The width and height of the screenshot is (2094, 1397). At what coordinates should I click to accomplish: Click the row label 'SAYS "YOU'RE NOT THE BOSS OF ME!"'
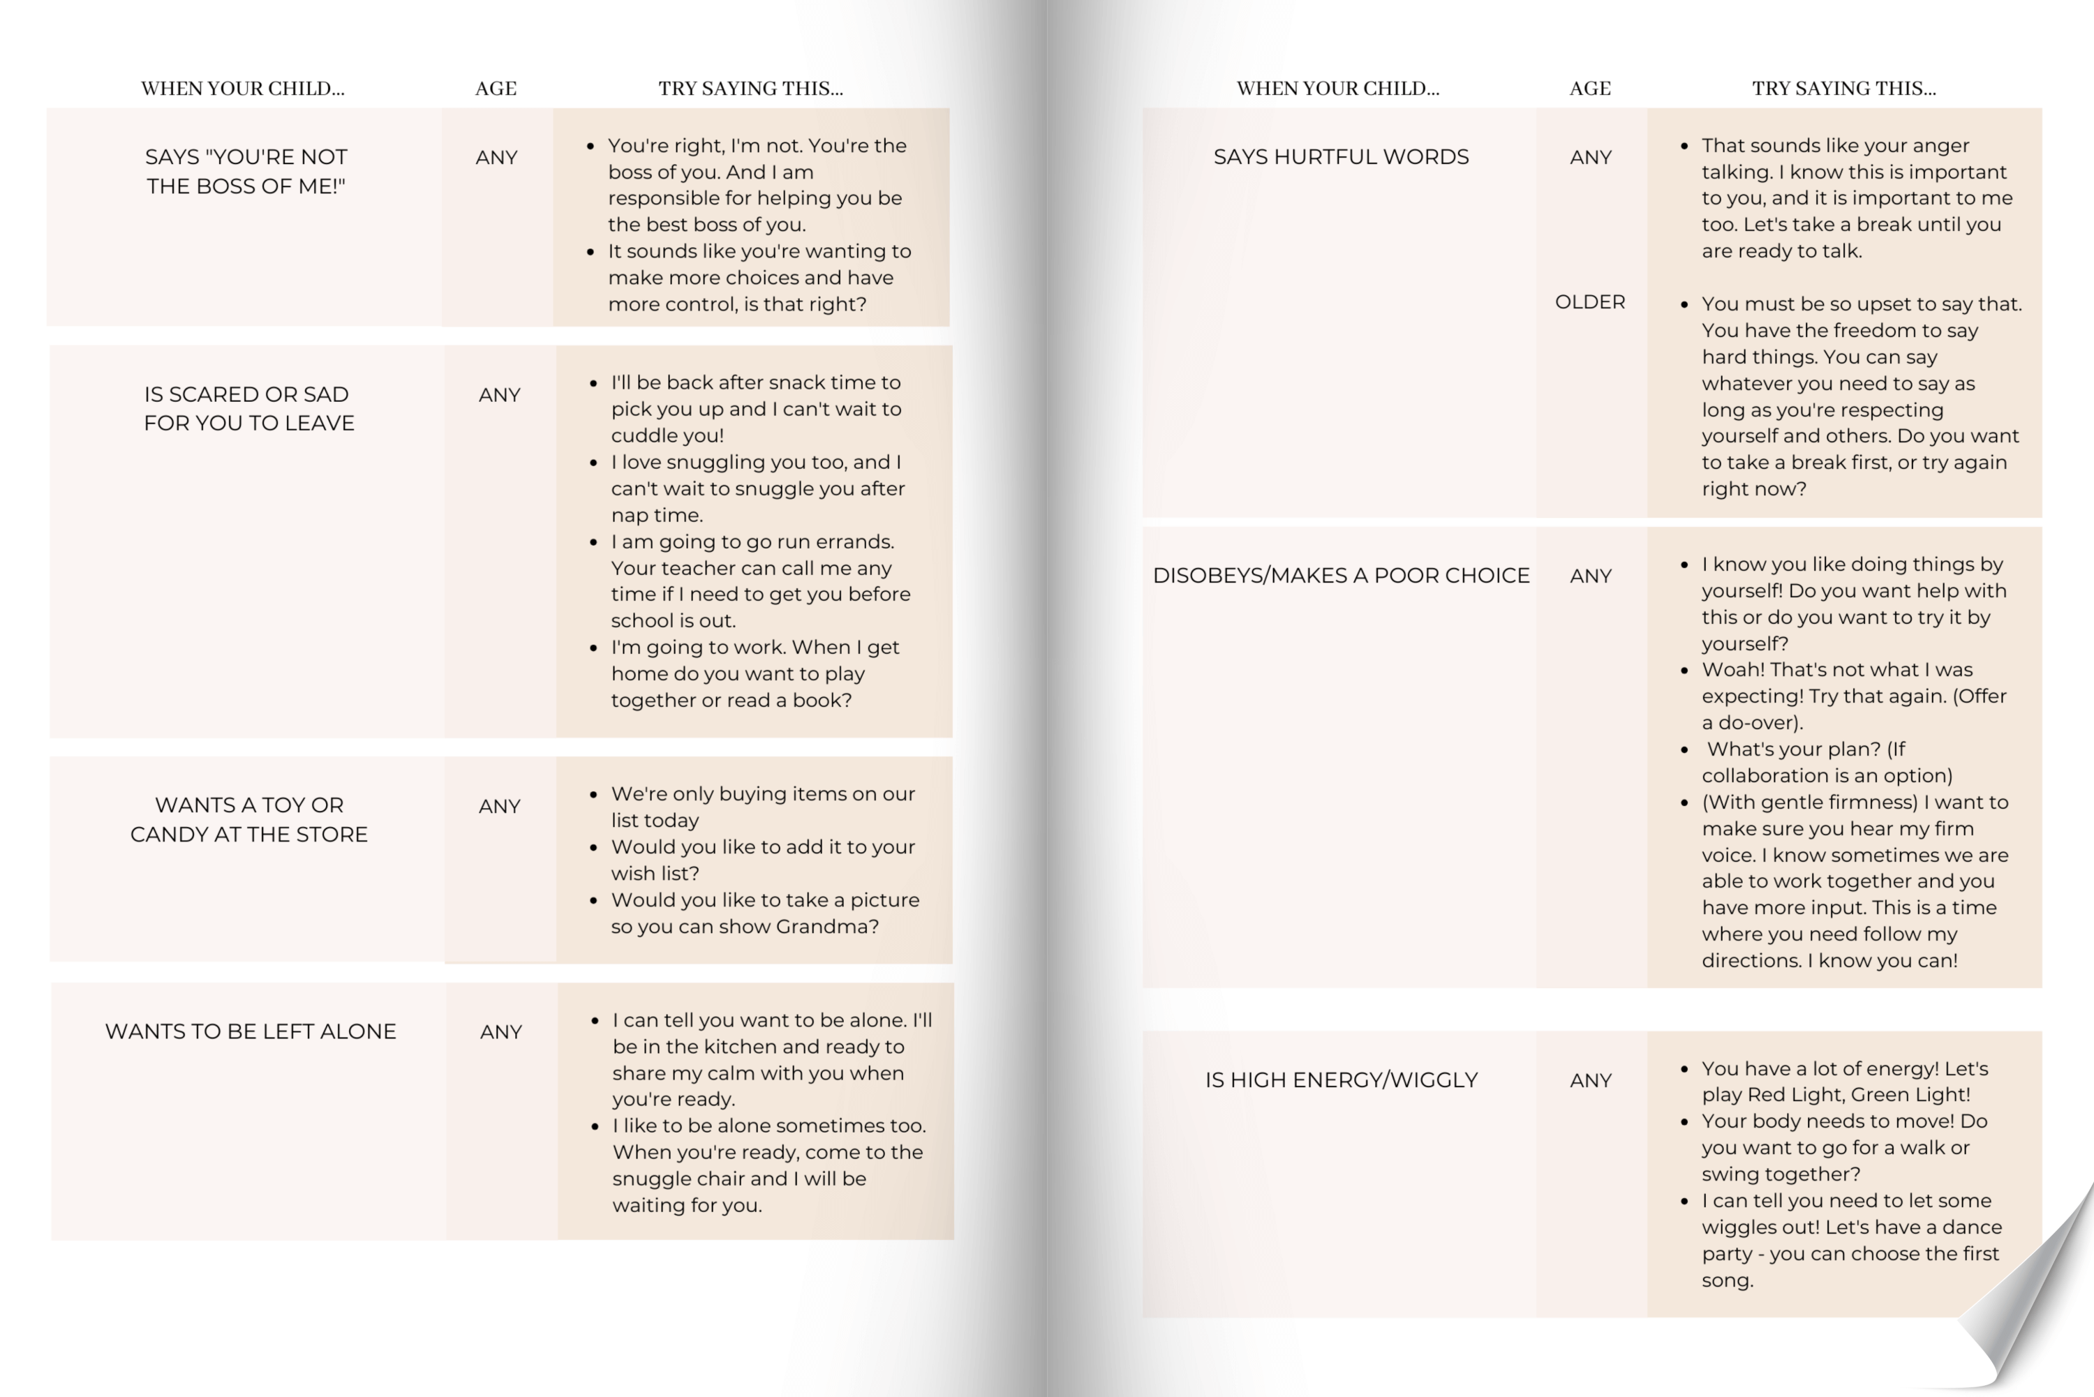[246, 171]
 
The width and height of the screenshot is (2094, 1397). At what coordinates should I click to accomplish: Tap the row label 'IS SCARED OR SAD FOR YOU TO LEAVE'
[248, 408]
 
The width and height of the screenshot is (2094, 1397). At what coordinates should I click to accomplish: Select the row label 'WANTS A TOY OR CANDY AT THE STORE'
[248, 819]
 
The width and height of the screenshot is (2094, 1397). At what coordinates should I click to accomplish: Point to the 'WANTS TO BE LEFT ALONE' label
[251, 1031]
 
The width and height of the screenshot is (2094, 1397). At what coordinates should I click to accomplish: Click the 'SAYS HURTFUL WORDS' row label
[1340, 157]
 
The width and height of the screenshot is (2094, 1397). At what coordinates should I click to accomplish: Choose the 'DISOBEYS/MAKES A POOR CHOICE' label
[1340, 576]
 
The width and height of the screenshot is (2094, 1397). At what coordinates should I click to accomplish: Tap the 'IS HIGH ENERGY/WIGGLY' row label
[1340, 1079]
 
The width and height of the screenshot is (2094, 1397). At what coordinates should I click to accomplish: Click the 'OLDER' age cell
[1589, 302]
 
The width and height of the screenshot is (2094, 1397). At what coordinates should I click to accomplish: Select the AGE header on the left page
[496, 88]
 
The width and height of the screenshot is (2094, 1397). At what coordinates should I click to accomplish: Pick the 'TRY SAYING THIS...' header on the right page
[1843, 88]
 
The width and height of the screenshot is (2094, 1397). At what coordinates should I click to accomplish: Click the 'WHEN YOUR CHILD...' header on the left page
[242, 88]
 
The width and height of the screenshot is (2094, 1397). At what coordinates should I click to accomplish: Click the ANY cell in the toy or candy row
[499, 806]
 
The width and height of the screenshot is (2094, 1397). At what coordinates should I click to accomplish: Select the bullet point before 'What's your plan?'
[1684, 750]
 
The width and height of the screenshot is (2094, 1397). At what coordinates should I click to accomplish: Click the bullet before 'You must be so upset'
[1684, 305]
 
